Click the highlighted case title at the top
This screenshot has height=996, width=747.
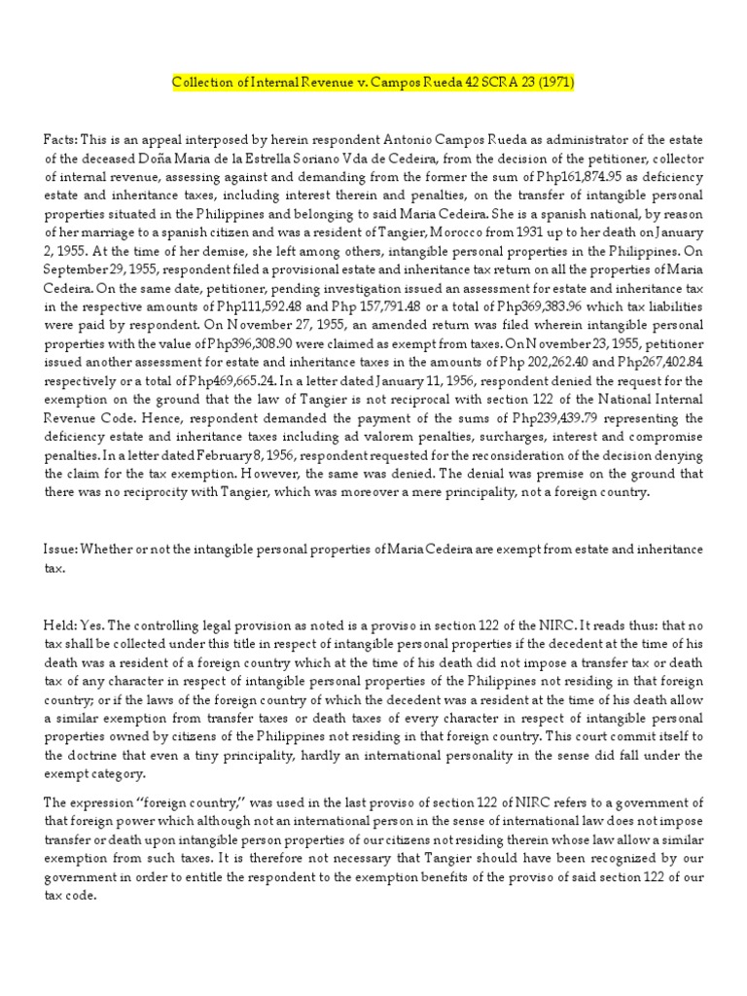pos(373,83)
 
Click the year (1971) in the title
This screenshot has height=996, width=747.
pos(553,83)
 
